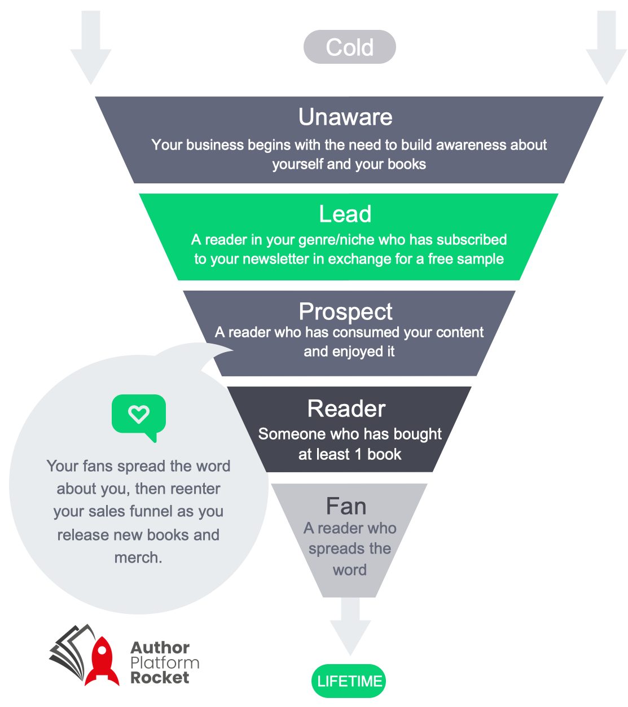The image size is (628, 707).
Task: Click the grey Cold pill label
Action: [x=349, y=47]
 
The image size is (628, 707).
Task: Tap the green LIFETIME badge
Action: [x=349, y=681]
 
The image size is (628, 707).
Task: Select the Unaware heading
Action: [x=345, y=117]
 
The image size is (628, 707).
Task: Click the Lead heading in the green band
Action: [x=345, y=214]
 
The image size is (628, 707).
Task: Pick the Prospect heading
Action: [x=345, y=311]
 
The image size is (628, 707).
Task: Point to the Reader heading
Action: [x=346, y=409]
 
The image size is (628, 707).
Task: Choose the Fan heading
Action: [x=346, y=506]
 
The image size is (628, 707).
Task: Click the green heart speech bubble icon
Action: [x=139, y=416]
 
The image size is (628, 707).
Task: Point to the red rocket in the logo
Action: [x=102, y=660]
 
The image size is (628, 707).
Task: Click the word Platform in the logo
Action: [x=165, y=662]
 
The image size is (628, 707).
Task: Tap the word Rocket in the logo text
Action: [x=160, y=678]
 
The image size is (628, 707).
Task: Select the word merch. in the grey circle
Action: [x=138, y=557]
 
